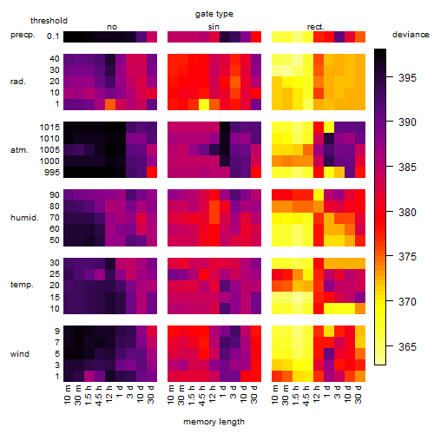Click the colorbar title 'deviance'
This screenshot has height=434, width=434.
pos(411,35)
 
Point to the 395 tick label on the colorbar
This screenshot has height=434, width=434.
pos(407,77)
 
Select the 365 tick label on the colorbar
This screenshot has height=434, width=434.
pos(407,346)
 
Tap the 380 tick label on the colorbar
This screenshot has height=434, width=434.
pos(407,213)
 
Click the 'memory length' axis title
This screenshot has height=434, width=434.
pos(214,422)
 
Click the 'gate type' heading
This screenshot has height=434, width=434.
pos(214,14)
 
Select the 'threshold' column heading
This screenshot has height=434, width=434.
pos(49,21)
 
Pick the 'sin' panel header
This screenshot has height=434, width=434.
pos(214,27)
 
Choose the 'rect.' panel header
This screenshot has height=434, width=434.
pos(316,27)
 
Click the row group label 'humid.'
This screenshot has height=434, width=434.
pos(24,218)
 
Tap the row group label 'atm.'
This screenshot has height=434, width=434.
pos(19,150)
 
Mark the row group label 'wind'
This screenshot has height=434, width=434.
pos(20,354)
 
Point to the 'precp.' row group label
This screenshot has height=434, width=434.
pos(23,35)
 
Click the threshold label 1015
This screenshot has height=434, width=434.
pos(49,128)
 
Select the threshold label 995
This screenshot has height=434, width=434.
pos(52,173)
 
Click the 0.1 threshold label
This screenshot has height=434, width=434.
pos(53,36)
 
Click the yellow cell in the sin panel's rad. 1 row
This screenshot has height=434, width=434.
pos(204,104)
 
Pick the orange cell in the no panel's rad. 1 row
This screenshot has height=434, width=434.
pos(110,104)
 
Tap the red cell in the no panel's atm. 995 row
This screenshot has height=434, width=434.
pos(152,173)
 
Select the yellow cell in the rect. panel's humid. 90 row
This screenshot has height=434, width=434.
pos(319,195)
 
